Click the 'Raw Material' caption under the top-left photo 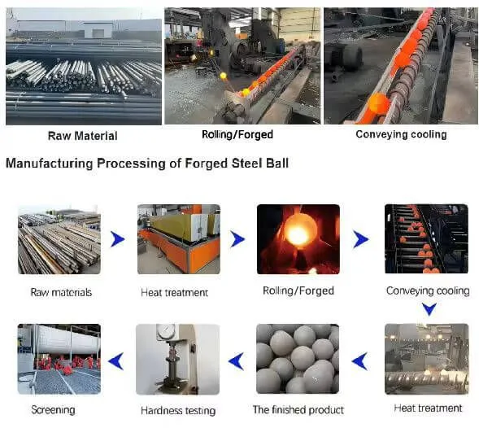point(82,136)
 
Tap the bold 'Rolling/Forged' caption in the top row point(237,134)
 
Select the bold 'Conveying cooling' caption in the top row point(401,134)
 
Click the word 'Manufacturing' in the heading point(49,164)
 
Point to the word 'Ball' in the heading point(277,164)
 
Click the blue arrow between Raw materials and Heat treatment point(118,239)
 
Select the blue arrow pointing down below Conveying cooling point(429,309)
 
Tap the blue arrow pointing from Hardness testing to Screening point(116,361)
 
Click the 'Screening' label point(53,410)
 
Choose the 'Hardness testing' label point(178,411)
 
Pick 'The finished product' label point(298,409)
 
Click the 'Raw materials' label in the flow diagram point(61,293)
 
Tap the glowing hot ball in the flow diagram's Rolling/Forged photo point(298,230)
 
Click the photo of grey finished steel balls point(298,359)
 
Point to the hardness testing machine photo point(177,359)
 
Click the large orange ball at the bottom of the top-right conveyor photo point(379,104)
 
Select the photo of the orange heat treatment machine point(179,239)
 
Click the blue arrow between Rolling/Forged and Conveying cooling point(360,239)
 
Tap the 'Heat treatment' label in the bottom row point(428,408)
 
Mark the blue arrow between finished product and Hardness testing point(236,361)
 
